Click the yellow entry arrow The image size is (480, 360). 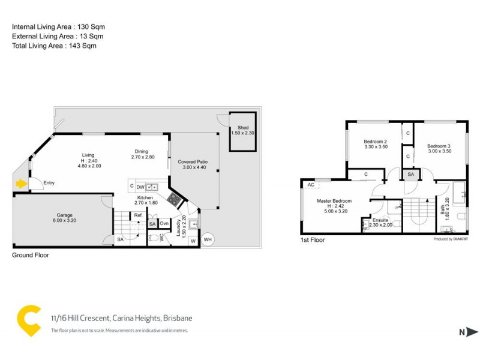tap(22, 184)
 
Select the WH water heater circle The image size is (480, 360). tap(208, 240)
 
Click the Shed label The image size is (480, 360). tap(243, 128)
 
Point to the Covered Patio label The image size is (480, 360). tap(193, 162)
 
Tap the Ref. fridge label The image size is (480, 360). tap(138, 215)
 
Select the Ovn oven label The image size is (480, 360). tap(164, 224)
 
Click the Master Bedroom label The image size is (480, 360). tap(334, 201)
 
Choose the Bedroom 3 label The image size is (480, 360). tap(439, 146)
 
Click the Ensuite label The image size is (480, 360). tap(381, 220)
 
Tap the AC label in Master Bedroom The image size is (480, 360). tap(311, 185)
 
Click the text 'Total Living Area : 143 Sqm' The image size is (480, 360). tap(54, 46)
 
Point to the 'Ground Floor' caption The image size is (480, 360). tap(31, 255)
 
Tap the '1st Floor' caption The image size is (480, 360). tap(313, 240)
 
